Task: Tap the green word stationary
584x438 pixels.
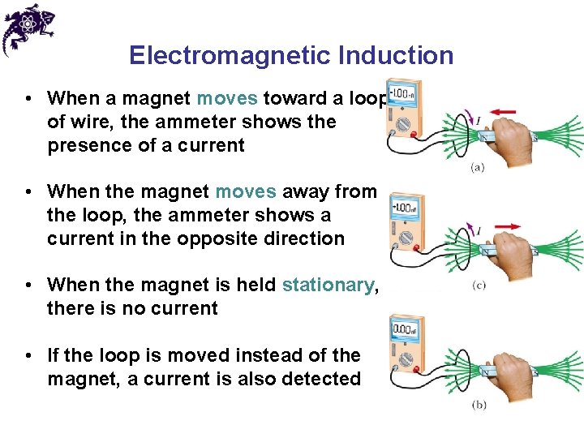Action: click(328, 285)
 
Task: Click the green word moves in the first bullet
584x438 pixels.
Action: click(227, 98)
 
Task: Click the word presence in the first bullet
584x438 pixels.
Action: click(86, 145)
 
